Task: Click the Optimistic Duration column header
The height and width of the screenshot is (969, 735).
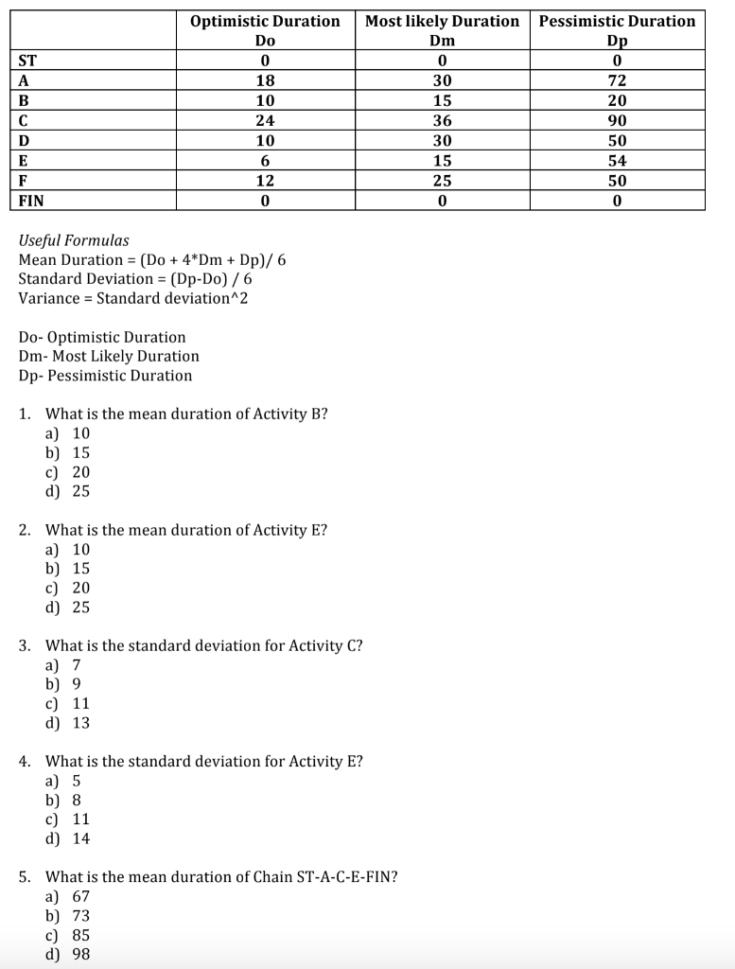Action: coord(265,21)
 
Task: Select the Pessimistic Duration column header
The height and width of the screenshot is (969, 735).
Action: coord(617,21)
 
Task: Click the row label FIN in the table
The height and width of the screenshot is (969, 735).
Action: coord(31,201)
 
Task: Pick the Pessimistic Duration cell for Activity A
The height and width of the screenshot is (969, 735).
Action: coord(617,80)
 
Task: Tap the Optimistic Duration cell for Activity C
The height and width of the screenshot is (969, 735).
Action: coord(265,120)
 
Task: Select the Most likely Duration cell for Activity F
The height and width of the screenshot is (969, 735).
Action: coord(442,180)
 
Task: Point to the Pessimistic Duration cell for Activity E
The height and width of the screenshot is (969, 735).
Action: coord(617,160)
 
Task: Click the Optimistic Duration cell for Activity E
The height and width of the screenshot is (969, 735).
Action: coord(265,160)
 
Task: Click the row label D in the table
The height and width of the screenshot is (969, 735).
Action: coord(25,140)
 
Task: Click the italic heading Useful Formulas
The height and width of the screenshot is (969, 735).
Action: coord(74,240)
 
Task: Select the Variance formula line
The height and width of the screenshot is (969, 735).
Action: coord(132,298)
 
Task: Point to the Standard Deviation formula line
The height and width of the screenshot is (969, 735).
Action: coord(135,279)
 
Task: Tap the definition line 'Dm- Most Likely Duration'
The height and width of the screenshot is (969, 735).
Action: coord(109,356)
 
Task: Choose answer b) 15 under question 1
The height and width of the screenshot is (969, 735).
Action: coord(68,452)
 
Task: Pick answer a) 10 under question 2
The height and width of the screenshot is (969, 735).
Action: coord(68,549)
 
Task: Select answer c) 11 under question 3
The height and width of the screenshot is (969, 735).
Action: coord(68,703)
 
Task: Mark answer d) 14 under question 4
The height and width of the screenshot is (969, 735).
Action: coord(68,838)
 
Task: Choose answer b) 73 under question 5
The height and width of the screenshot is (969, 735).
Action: coord(68,915)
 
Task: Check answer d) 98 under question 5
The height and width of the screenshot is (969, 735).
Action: coord(68,954)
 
